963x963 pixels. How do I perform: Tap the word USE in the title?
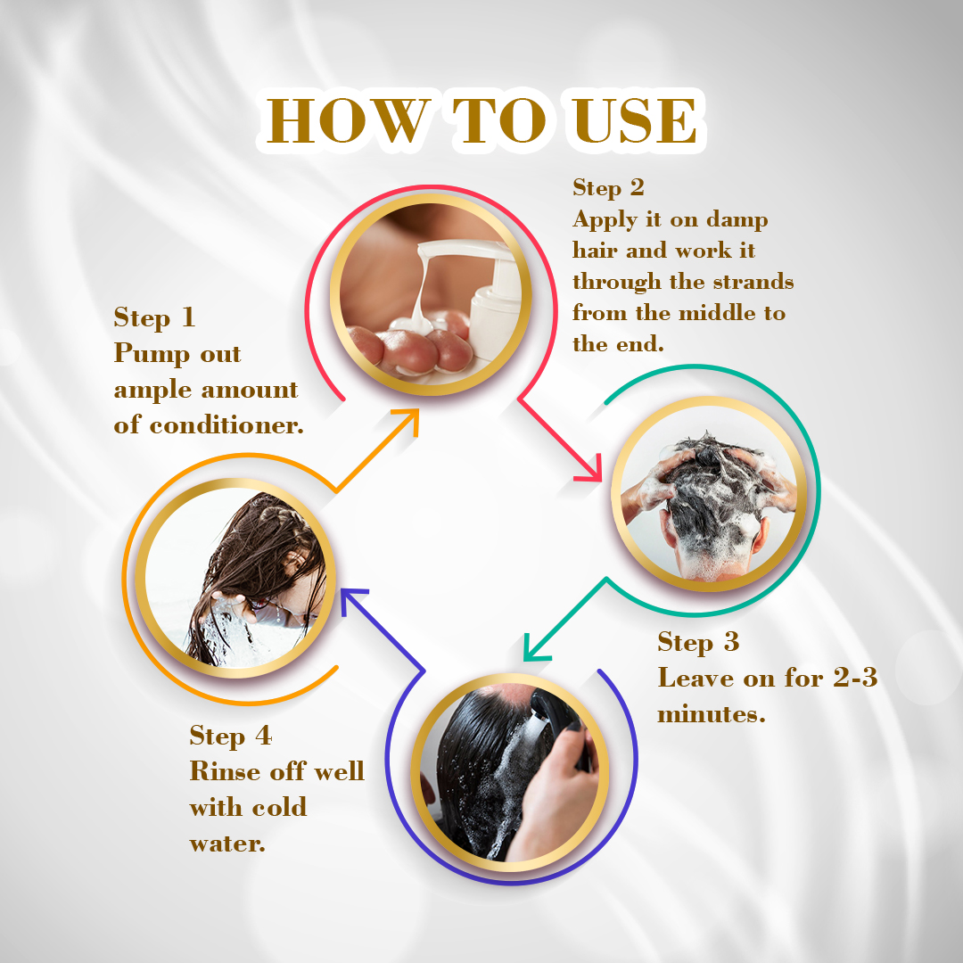(x=635, y=120)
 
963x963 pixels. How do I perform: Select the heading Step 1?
(x=154, y=318)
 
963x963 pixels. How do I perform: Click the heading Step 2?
(x=608, y=188)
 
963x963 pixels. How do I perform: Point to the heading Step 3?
(x=697, y=642)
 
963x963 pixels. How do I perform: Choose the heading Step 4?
(x=230, y=737)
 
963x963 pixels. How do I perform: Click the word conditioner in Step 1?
(x=226, y=425)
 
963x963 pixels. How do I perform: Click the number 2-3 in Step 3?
(x=855, y=678)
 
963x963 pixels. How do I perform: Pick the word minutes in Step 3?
(x=712, y=713)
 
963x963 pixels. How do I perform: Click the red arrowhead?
(x=589, y=470)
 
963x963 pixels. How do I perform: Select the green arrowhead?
(x=535, y=648)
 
